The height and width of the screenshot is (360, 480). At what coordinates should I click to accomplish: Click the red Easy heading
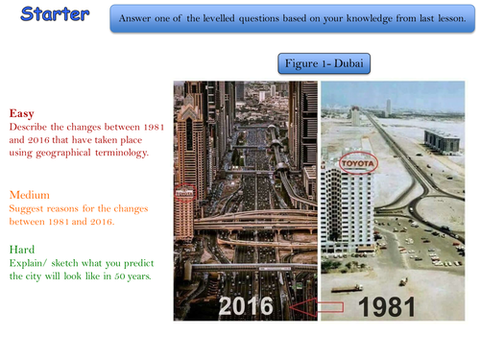21,111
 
